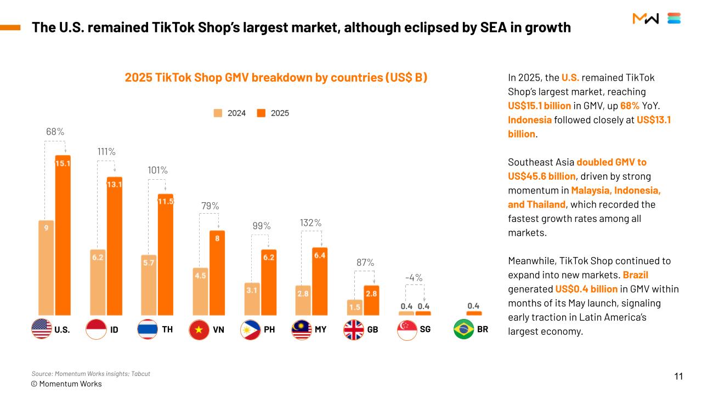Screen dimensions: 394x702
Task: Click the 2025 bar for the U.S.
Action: coord(63,235)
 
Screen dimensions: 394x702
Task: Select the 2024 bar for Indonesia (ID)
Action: coord(98,282)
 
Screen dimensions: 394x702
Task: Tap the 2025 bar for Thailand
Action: coord(166,254)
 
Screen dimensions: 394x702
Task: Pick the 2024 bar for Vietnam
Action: coord(200,291)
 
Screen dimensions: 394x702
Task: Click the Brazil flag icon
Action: coord(463,329)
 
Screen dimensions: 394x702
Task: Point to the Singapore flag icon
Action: coord(407,330)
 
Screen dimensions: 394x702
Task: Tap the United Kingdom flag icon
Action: coord(354,330)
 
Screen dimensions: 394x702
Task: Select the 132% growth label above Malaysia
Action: coord(310,223)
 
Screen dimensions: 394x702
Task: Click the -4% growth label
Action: coord(414,278)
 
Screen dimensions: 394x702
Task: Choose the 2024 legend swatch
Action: coord(218,113)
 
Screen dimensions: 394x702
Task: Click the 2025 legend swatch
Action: coord(261,113)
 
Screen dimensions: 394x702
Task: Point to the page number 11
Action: coord(678,376)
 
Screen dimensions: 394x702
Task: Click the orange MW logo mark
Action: coord(646,18)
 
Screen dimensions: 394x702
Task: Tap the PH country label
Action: coord(269,330)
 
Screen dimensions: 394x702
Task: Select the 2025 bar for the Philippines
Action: coord(269,282)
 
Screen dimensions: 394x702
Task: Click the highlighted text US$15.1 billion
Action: coord(539,106)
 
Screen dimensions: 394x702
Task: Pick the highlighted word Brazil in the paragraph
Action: coord(635,275)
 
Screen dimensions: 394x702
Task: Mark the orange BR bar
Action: coord(474,313)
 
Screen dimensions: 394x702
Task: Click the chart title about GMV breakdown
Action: coord(276,77)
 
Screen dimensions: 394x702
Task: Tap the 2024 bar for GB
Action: coord(354,307)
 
